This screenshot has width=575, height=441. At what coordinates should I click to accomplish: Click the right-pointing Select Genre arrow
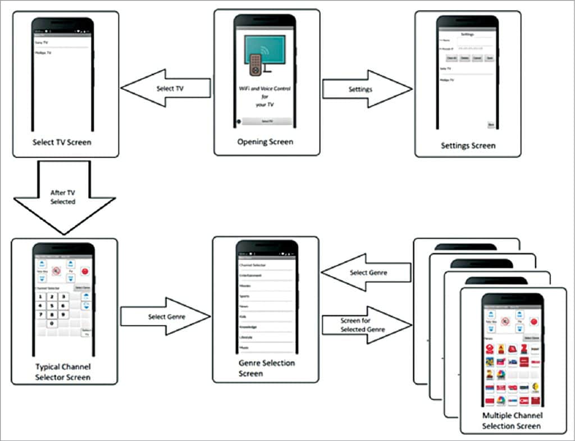(165, 317)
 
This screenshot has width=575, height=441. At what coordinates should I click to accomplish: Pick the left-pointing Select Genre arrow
(366, 273)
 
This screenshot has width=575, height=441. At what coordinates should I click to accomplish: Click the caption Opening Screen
(265, 142)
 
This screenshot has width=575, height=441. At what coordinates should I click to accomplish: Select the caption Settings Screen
(468, 145)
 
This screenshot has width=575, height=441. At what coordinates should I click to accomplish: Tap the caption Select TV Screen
(62, 142)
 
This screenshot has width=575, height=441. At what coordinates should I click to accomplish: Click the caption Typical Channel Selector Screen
(63, 371)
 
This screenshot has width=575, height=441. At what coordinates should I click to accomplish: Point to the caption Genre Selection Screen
(266, 368)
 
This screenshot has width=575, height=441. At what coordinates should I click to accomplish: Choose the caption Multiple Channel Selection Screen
(512, 421)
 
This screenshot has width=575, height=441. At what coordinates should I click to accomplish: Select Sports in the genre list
(245, 296)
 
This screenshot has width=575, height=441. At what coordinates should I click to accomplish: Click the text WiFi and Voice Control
(265, 89)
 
